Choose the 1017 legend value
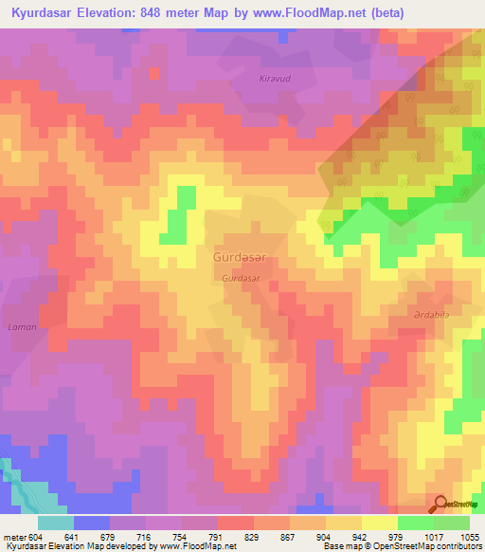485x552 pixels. [435, 536]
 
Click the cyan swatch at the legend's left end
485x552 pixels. [55, 522]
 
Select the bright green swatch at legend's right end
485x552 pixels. [451, 522]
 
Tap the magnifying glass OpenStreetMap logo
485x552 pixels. [440, 504]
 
